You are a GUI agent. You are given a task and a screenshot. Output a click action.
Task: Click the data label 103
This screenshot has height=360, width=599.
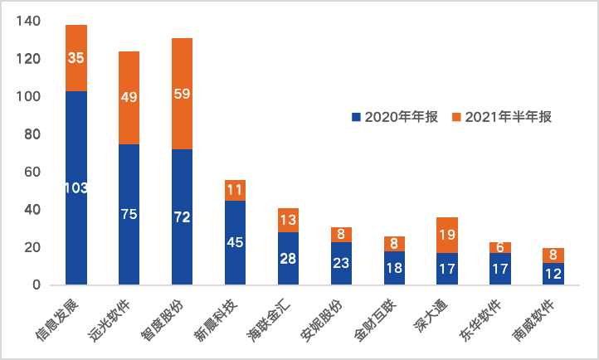[76, 188]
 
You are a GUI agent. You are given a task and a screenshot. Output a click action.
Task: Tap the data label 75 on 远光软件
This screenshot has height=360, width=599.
[129, 214]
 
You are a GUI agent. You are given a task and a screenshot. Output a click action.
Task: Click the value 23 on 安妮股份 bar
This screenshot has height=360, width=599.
[341, 264]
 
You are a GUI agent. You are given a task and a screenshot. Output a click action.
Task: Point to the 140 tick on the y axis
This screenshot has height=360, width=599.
[27, 22]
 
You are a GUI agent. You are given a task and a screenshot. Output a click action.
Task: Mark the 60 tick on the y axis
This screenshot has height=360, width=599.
[32, 172]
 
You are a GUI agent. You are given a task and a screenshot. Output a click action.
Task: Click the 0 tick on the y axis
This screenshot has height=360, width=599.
[36, 285]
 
